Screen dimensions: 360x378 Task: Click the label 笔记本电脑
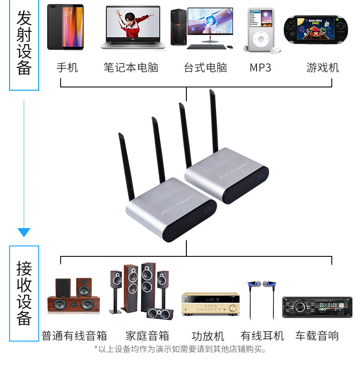(131, 68)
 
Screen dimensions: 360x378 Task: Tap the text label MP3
(260, 68)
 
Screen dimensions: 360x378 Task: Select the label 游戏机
(323, 68)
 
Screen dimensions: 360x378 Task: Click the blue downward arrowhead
(24, 232)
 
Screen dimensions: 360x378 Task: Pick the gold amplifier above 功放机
(210, 304)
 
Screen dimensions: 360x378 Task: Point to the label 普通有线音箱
(74, 336)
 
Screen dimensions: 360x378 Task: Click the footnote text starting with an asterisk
(180, 349)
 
